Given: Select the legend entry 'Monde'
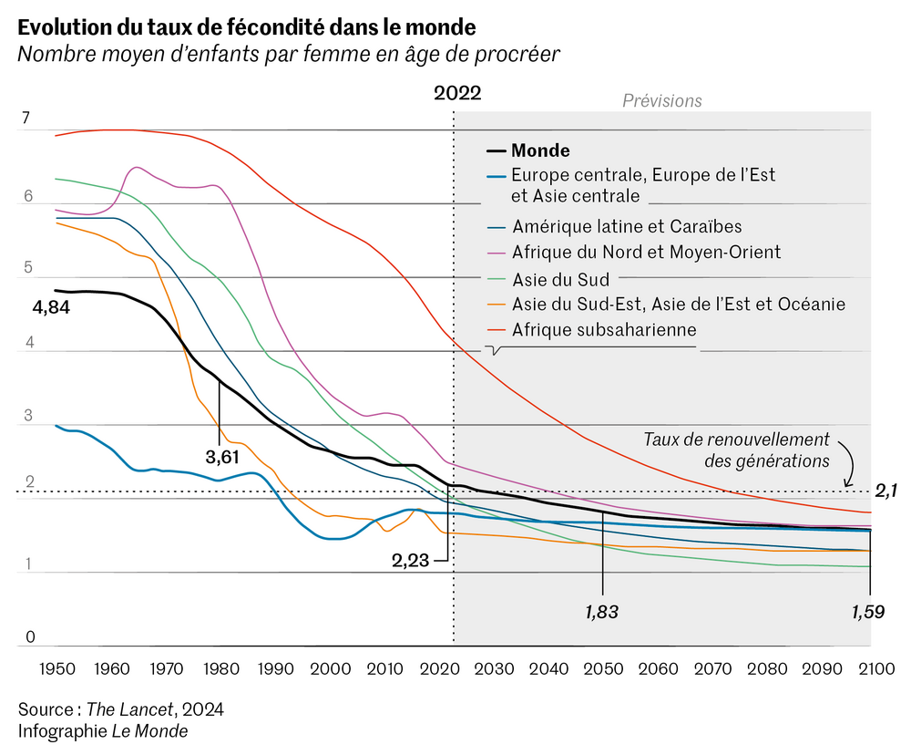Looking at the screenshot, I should [x=540, y=151].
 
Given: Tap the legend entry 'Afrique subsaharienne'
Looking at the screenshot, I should [x=603, y=329].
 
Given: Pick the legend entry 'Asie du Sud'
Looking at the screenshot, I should [x=561, y=278].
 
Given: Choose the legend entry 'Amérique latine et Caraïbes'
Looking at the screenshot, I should [x=627, y=226].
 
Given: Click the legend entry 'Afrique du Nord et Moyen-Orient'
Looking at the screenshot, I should [x=646, y=252].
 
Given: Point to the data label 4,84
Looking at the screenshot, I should [x=51, y=308].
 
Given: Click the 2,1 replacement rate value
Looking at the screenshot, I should [x=885, y=491].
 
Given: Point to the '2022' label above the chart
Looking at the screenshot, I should [x=456, y=93].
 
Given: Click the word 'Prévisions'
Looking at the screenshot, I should [x=661, y=100].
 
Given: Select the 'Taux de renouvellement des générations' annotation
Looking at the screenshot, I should [x=736, y=450].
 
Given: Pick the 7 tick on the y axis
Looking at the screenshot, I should [x=26, y=118].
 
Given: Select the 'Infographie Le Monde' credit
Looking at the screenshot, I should [x=102, y=731].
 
